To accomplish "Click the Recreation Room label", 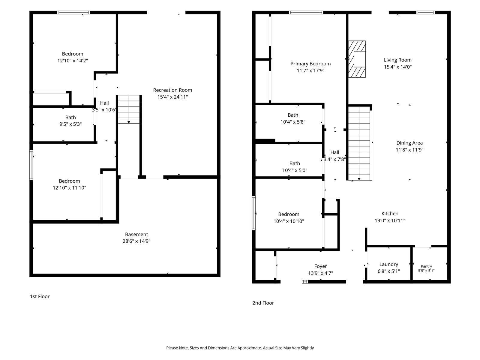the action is pos(172,90).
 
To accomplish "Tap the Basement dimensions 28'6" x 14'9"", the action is pos(136,241).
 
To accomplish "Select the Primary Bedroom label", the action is pos(310,64).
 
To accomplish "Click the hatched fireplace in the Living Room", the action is pos(357,59).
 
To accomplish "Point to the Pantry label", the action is pos(426,266).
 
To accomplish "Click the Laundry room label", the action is pos(388,264).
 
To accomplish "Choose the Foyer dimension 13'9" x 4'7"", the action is pos(320,273).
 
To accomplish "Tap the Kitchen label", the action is pos(390,214).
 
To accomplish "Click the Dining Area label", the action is pos(409,143).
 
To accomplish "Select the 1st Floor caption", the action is pos(40,296).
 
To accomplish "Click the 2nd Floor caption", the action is pos(263,303).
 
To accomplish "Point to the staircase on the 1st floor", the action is pos(129,109).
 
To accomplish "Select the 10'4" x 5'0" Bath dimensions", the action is pos(295,170).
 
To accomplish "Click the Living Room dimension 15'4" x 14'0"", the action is pos(397,67).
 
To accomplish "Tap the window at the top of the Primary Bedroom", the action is pos(306,13).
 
